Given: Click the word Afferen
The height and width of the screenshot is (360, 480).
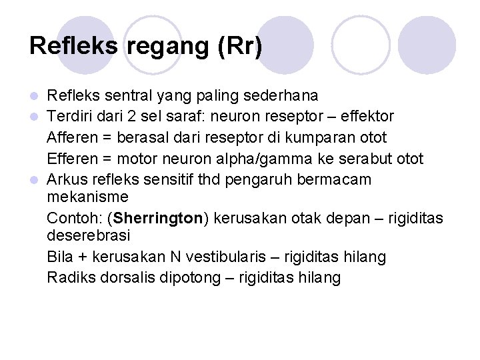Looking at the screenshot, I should click(x=71, y=138).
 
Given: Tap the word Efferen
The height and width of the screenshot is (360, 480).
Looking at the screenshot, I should click(x=71, y=159).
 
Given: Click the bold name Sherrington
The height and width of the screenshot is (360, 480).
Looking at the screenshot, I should click(x=157, y=219).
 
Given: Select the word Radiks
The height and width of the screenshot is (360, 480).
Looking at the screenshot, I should click(x=68, y=277).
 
